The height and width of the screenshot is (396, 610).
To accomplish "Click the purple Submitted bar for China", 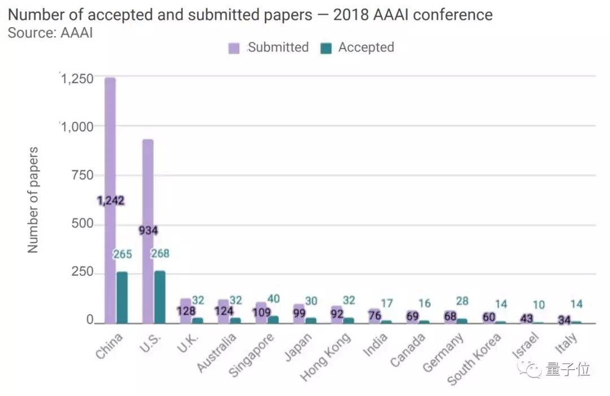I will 110,141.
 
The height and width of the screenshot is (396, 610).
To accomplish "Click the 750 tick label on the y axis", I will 82,175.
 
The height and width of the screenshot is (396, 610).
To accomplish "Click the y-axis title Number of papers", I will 33,200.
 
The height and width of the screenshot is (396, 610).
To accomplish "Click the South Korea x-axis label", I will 474,359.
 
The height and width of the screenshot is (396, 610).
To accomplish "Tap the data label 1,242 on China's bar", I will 111,201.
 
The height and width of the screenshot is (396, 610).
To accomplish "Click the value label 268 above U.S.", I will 160,254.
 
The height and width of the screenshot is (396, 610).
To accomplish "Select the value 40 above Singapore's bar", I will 273,299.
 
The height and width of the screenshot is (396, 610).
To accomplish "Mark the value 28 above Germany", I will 462,301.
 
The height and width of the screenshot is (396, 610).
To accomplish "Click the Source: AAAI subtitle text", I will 50,33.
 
